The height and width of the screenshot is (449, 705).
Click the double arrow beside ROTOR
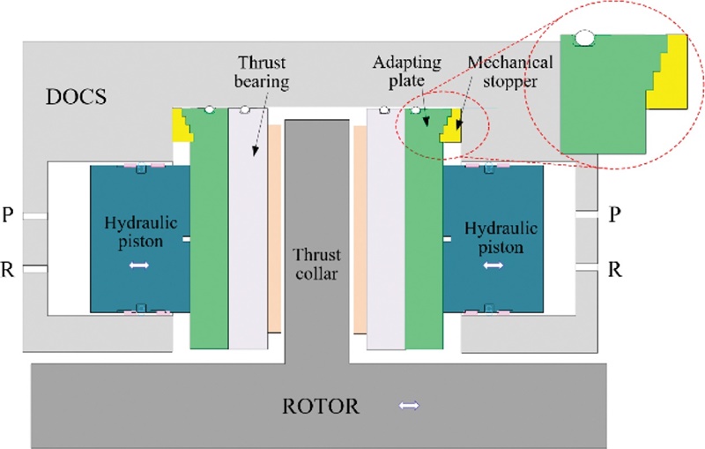coord(408,406)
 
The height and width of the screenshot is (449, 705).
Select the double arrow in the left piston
coord(139,265)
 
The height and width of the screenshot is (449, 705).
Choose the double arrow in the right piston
coord(493,265)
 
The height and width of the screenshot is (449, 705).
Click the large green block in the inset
coord(604,106)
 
